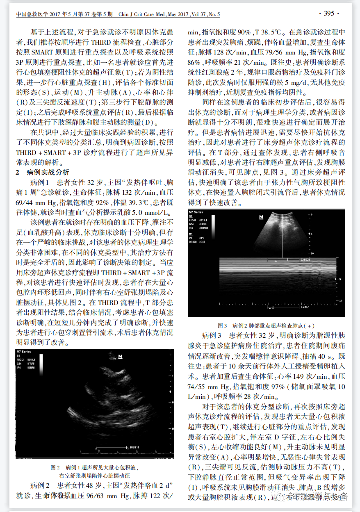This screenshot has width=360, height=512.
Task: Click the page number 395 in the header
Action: tap(329, 14)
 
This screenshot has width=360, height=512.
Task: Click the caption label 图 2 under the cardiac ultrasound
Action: tap(55, 467)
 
